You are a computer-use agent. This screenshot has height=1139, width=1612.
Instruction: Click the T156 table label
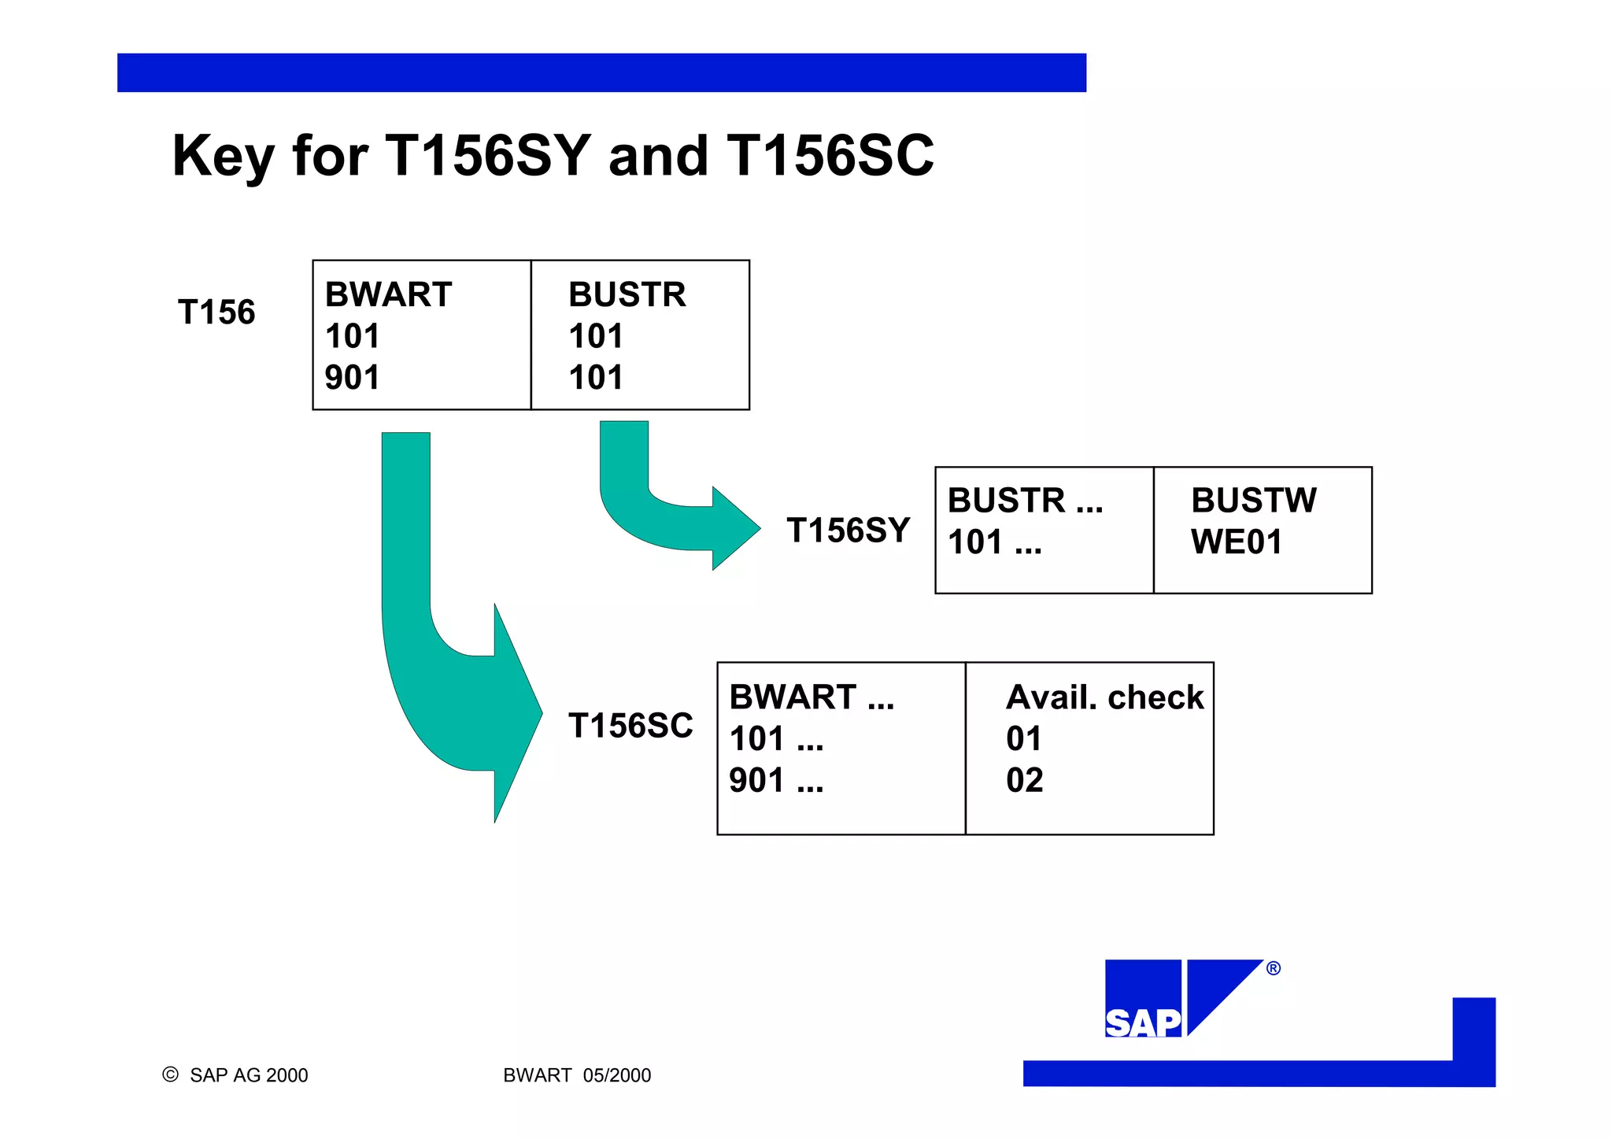point(216,312)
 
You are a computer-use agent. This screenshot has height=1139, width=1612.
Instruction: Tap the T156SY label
point(848,531)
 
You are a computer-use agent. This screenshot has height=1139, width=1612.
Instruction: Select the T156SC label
point(630,726)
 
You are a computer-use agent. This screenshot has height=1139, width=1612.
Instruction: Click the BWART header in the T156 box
point(388,295)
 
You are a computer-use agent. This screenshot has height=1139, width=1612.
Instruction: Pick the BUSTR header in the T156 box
point(627,295)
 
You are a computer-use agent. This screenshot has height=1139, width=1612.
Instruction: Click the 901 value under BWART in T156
point(352,378)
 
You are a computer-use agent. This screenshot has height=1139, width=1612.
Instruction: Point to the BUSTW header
point(1253,501)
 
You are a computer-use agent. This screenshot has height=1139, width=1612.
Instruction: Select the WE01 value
point(1237,542)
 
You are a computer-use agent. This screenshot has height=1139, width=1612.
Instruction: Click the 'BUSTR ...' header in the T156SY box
point(1025,501)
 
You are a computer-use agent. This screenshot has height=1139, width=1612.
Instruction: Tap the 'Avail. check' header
point(1104,697)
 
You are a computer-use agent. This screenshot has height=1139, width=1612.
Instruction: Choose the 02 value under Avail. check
point(1024,781)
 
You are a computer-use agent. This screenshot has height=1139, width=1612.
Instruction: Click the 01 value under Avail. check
point(1023,739)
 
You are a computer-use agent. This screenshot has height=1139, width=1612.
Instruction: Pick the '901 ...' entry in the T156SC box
point(776,781)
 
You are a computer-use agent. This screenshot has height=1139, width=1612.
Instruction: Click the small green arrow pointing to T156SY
point(669,512)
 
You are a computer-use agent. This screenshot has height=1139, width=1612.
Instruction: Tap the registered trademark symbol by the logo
point(1273,969)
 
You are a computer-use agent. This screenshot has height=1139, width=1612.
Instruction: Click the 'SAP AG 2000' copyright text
point(248,1075)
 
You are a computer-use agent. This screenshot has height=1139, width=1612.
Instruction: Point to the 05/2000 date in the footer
point(617,1075)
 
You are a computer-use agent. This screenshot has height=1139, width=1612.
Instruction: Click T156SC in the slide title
point(830,155)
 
